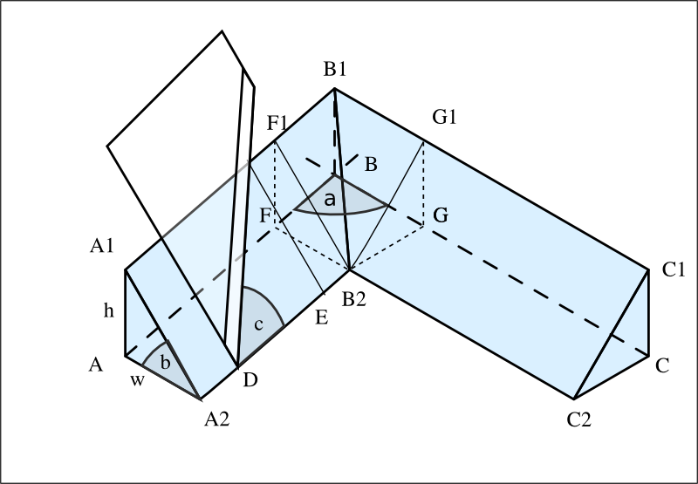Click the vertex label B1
[335, 70]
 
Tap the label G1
[444, 117]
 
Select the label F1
[277, 123]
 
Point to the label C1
[673, 269]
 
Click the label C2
[579, 419]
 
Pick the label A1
[102, 246]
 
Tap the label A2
[216, 419]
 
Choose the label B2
[354, 299]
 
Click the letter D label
[250, 380]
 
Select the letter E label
[321, 317]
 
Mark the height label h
[109, 311]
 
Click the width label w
[137, 380]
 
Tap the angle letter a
[330, 200]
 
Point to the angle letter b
[165, 363]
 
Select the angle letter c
[258, 324]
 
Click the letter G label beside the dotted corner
[441, 215]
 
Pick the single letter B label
[371, 165]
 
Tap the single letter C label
[662, 365]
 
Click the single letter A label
[96, 365]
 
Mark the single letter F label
[265, 215]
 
